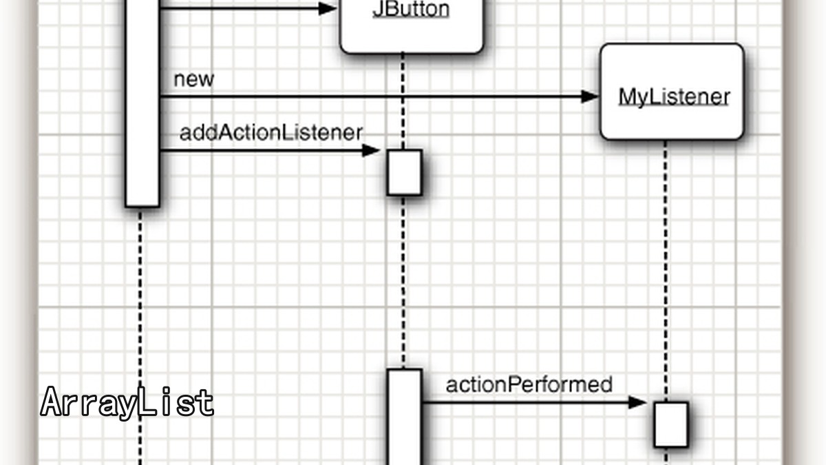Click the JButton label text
click(411, 9)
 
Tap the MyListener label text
click(674, 97)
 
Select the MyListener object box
click(672, 92)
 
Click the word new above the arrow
click(193, 79)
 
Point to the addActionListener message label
click(271, 132)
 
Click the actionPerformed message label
click(529, 385)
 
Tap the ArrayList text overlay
click(127, 402)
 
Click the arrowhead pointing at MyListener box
click(590, 96)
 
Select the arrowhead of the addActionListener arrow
click(371, 151)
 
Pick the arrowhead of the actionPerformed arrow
click(637, 402)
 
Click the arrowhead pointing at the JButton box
click(328, 8)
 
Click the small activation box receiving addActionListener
click(405, 172)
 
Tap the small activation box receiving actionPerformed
click(671, 424)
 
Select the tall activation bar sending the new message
click(142, 103)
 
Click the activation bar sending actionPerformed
click(405, 417)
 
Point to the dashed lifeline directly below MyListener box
click(666, 271)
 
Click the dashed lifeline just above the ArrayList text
click(140, 297)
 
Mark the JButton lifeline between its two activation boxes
click(403, 282)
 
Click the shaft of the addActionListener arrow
click(261, 151)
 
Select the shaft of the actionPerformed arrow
click(526, 402)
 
